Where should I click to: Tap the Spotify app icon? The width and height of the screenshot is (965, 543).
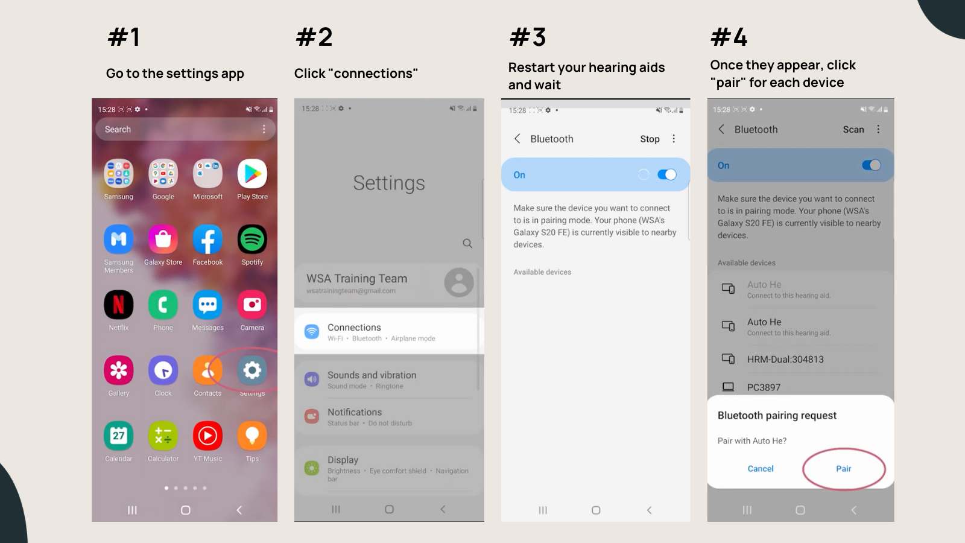click(x=252, y=240)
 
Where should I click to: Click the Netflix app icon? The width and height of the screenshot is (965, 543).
click(x=118, y=305)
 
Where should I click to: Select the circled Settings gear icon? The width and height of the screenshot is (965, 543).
click(x=252, y=370)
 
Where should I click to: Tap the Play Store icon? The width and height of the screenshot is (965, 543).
click(x=252, y=174)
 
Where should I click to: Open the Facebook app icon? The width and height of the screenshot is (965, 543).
click(x=207, y=240)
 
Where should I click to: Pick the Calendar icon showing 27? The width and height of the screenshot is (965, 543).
click(x=118, y=436)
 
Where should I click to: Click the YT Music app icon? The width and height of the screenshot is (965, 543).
click(x=207, y=436)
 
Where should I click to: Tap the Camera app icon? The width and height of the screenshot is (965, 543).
click(x=252, y=305)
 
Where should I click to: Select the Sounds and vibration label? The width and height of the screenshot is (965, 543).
click(x=372, y=375)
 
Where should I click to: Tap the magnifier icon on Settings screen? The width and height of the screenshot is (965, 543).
click(x=467, y=243)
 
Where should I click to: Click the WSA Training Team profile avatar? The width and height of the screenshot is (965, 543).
click(x=459, y=282)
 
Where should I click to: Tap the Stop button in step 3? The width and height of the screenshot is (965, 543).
click(x=650, y=139)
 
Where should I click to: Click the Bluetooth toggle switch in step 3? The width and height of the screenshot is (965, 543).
click(x=667, y=174)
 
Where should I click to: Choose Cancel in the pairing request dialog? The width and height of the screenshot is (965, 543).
click(x=761, y=469)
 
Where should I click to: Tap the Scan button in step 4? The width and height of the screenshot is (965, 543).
click(x=853, y=129)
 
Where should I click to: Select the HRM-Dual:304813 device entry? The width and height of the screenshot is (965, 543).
click(x=785, y=360)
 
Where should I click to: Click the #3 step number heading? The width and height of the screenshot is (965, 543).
click(x=528, y=37)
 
